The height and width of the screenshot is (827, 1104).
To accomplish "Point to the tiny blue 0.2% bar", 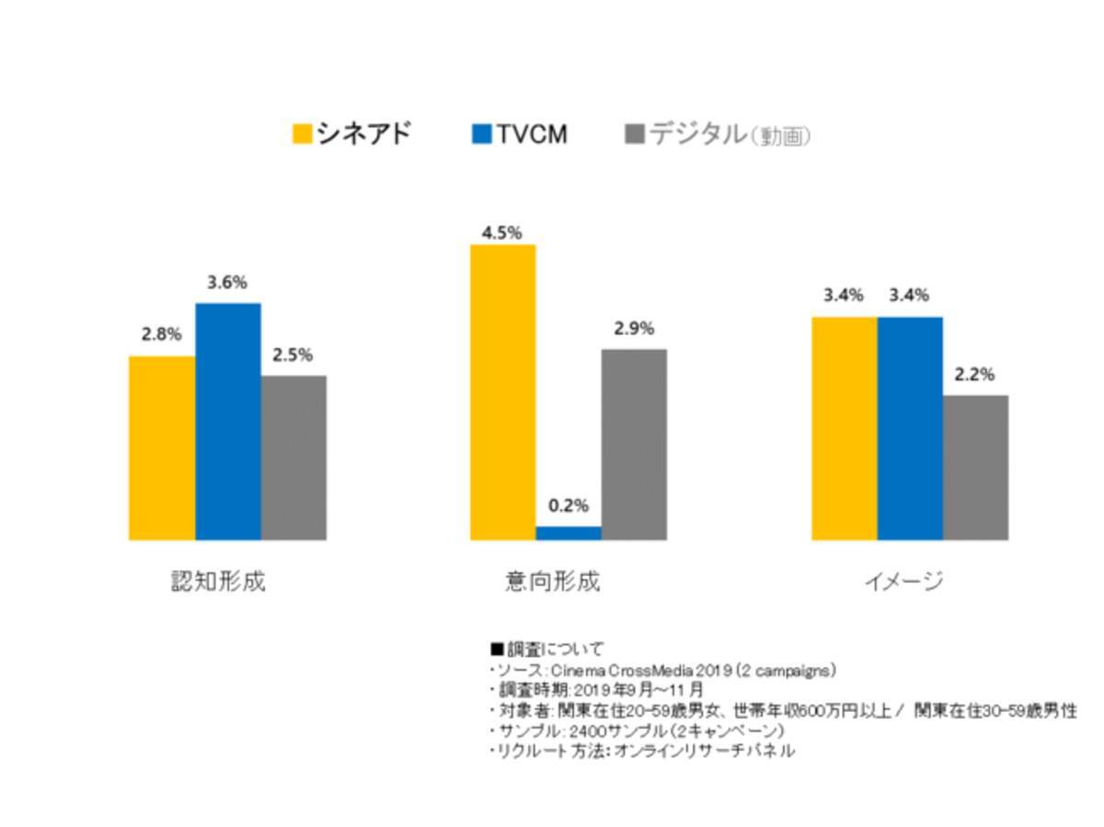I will (569, 533).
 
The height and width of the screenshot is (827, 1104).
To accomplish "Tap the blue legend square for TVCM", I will (481, 134).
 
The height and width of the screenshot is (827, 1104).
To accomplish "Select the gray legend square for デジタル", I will (634, 134).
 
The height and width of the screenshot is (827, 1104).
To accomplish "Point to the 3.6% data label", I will (227, 283).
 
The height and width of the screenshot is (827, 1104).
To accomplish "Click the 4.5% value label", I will (502, 232).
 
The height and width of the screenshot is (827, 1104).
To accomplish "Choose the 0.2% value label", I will (569, 506).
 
